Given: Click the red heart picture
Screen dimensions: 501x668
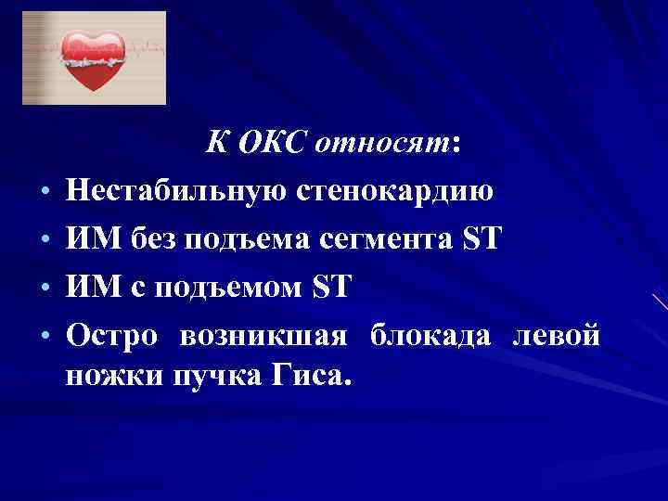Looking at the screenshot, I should pos(94,58).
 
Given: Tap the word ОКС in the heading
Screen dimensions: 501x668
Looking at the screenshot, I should pos(273,145).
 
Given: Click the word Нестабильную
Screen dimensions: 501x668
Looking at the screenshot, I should pos(176,193).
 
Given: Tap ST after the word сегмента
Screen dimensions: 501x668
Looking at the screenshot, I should pos(482,240).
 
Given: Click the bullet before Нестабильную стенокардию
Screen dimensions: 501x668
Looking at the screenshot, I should pos(45,195).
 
